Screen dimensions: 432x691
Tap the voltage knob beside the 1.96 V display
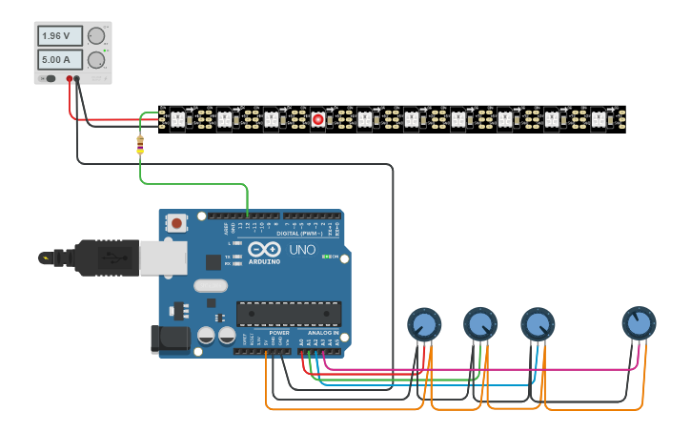(x=96, y=36)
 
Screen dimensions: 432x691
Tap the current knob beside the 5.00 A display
(x=96, y=60)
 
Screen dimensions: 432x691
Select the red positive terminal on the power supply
(x=69, y=79)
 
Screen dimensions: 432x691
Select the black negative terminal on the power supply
(x=78, y=79)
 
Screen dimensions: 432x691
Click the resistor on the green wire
(x=140, y=145)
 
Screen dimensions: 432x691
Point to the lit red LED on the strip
(x=317, y=119)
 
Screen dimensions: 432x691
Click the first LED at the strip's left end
(x=177, y=119)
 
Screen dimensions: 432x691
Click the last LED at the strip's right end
(x=598, y=119)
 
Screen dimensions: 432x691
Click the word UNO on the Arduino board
(x=302, y=250)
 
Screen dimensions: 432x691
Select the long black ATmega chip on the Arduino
(x=289, y=313)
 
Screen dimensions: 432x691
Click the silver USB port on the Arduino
(x=157, y=257)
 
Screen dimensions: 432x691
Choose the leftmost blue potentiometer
(x=424, y=325)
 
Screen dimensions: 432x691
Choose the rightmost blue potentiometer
(x=639, y=324)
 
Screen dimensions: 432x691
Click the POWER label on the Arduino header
(x=278, y=333)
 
